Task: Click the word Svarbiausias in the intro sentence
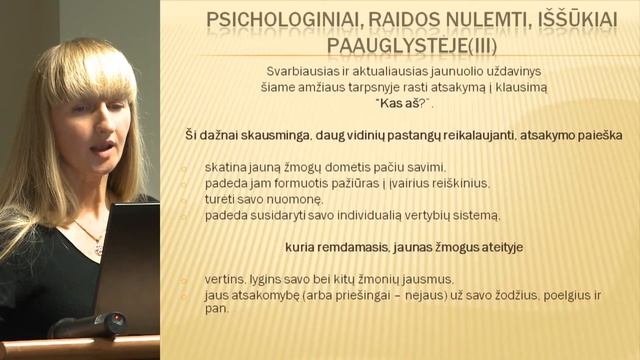[300, 71]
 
